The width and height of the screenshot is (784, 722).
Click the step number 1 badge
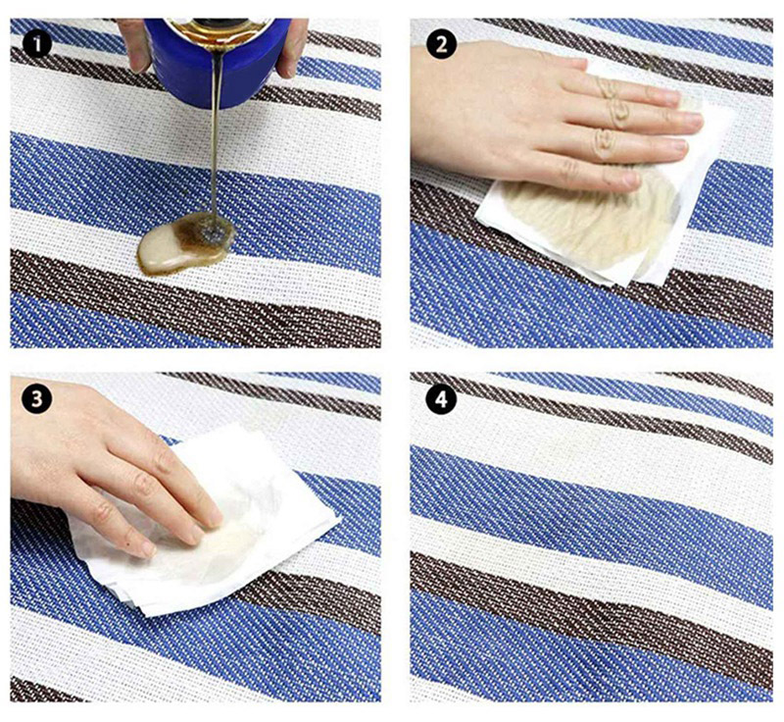pyautogui.click(x=37, y=44)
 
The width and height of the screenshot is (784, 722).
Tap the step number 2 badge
pyautogui.click(x=442, y=44)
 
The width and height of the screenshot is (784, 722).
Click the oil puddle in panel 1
pyautogui.click(x=185, y=242)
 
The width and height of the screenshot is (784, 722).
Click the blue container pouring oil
pyautogui.click(x=220, y=60)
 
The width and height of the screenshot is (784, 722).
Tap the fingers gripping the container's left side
pyautogui.click(x=134, y=44)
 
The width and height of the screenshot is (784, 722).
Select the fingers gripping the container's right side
pyautogui.click(x=293, y=47)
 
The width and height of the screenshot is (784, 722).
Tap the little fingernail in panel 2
pyautogui.click(x=631, y=179)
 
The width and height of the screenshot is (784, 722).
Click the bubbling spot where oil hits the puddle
pyautogui.click(x=214, y=232)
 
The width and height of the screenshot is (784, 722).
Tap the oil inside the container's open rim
pyautogui.click(x=220, y=27)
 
